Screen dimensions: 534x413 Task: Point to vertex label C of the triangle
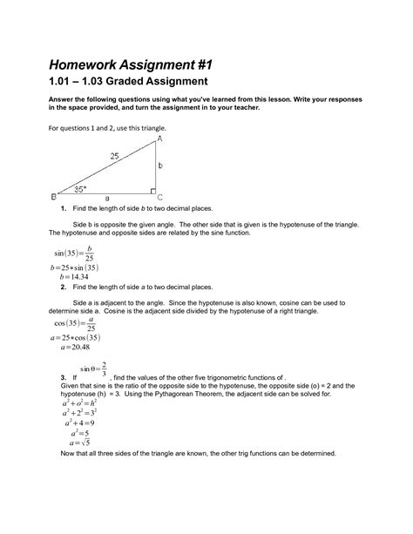[160, 198]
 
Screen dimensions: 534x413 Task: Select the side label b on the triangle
[160, 165]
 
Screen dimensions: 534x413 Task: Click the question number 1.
[63, 211]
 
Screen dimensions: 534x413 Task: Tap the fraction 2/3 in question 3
[105, 369]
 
